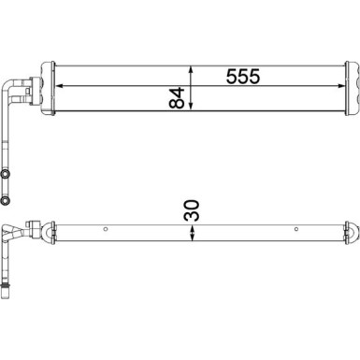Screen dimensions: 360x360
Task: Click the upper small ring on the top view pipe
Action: click(x=8, y=174)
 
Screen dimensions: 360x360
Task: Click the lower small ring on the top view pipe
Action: click(x=8, y=199)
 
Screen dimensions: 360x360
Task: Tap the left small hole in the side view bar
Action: click(x=107, y=230)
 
